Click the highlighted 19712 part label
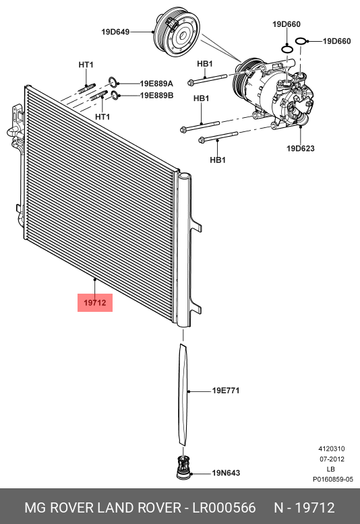pos(95,304)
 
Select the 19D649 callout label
pos(115,31)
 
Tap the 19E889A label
pos(156,84)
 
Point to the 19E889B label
pos(156,96)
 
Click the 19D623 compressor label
pos(300,148)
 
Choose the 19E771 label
pos(226,391)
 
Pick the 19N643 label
pos(227,472)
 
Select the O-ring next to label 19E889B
pos(116,96)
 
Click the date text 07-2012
pos(332,459)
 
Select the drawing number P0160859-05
pos(332,480)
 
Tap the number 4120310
pos(332,449)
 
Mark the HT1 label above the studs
pos(86,65)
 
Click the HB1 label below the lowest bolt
pos(217,160)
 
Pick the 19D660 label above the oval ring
pos(287,24)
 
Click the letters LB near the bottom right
pos(330,469)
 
